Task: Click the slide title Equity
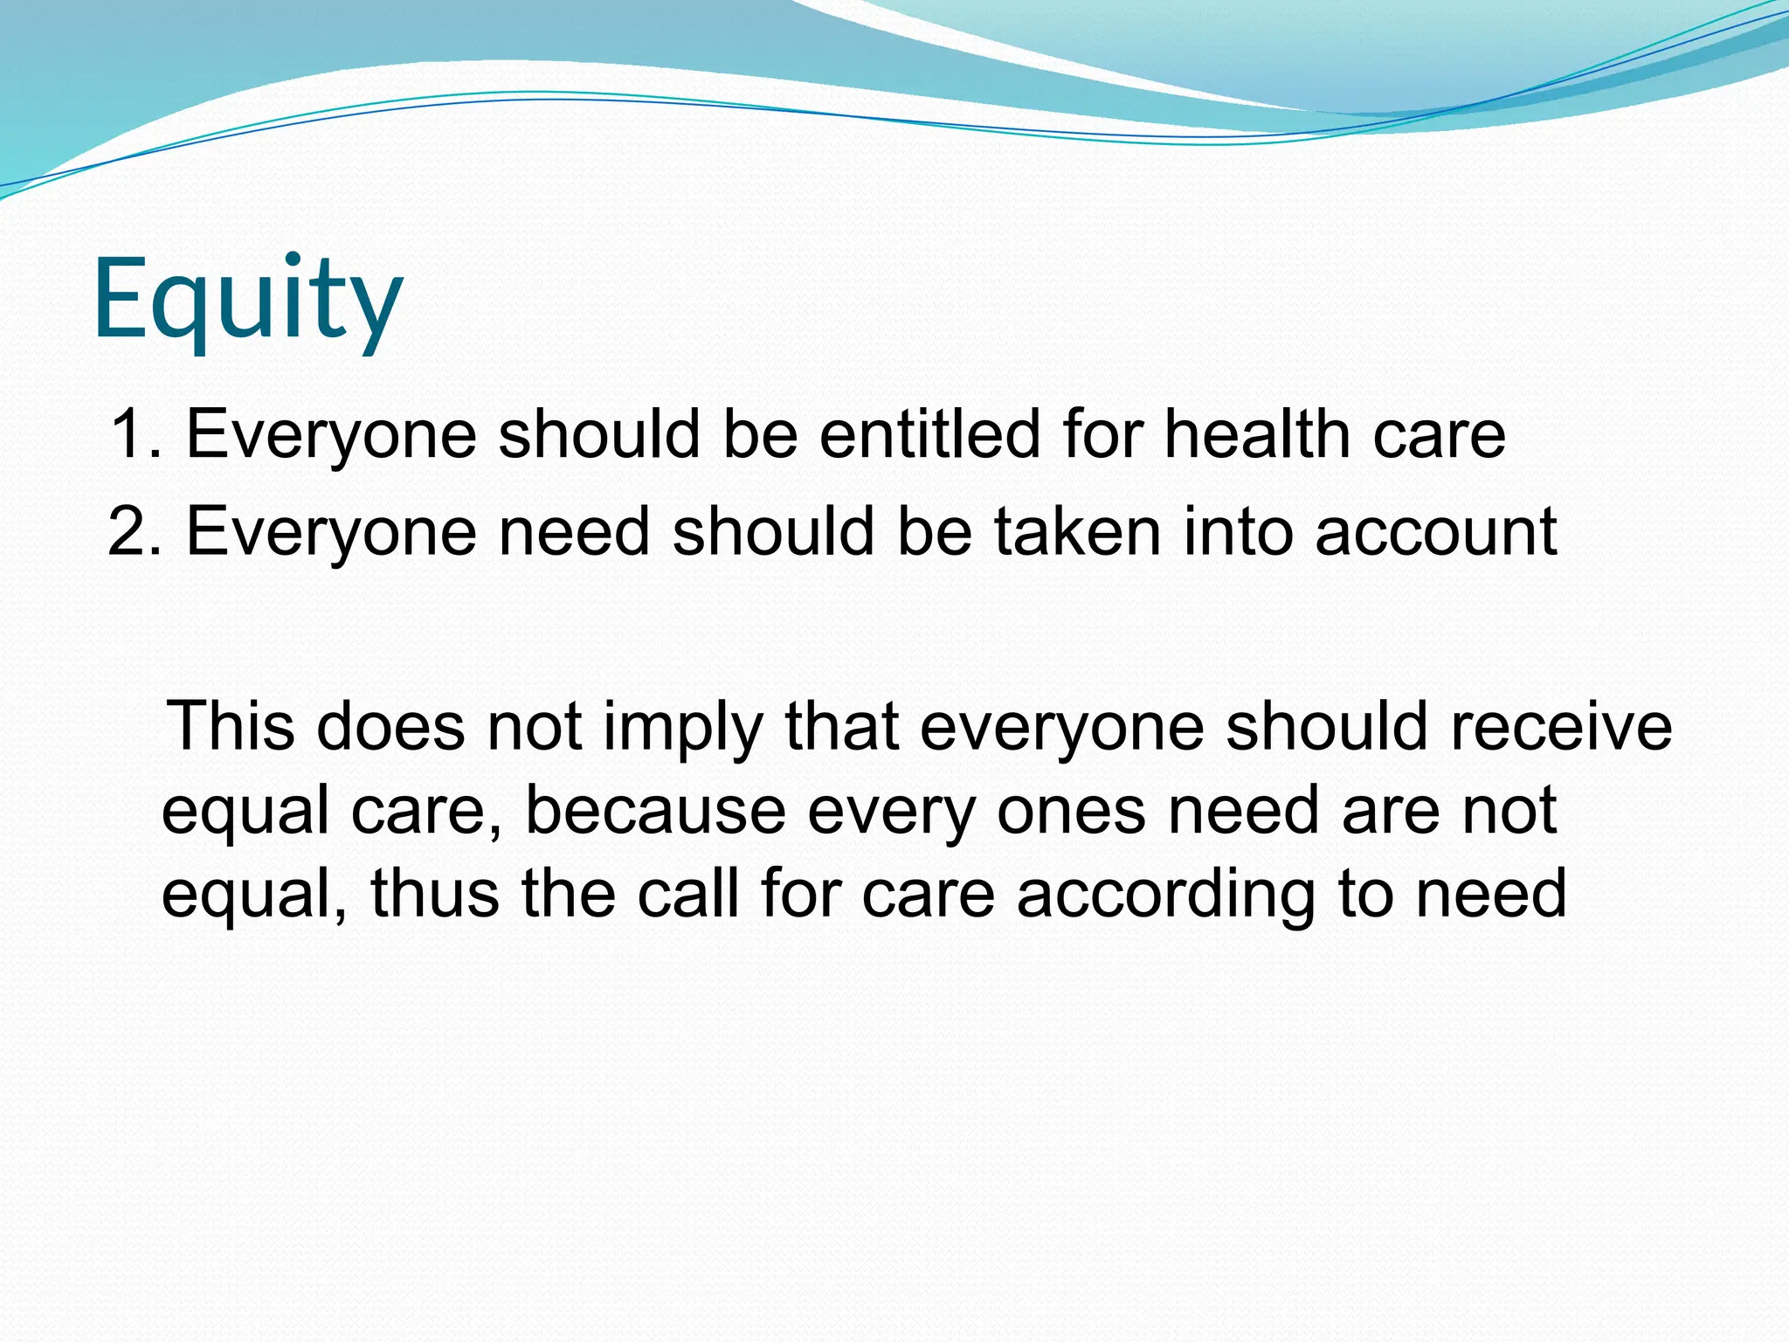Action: point(247,300)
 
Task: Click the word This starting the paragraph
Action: point(231,726)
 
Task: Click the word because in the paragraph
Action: point(655,811)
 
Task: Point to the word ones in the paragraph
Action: point(1071,811)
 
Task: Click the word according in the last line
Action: point(1166,896)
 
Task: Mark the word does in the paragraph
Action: point(390,726)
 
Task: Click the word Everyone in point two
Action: point(331,533)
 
